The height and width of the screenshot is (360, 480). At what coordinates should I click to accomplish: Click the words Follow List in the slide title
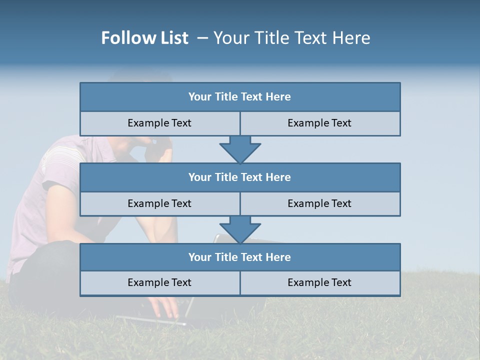(x=144, y=38)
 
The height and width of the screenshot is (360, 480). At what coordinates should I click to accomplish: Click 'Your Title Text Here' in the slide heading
(x=291, y=38)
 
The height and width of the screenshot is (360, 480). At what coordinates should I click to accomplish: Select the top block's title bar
(x=240, y=97)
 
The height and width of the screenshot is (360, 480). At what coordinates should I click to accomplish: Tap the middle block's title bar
(x=240, y=177)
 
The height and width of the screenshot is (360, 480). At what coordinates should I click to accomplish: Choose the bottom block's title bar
(x=240, y=257)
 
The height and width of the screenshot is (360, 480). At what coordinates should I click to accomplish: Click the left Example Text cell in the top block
(x=159, y=123)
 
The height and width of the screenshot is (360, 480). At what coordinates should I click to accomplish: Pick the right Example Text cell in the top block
(x=319, y=123)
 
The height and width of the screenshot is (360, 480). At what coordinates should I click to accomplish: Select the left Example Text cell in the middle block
(x=159, y=203)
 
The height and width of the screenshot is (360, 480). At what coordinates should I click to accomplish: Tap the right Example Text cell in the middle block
(x=319, y=203)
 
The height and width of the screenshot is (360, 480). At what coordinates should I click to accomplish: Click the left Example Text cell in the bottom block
(x=159, y=282)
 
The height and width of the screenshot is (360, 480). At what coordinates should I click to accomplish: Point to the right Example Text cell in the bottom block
(x=319, y=282)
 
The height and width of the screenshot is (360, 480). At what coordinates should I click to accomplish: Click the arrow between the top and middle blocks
(x=240, y=149)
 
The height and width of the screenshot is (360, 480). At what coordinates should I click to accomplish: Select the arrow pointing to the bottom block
(x=240, y=229)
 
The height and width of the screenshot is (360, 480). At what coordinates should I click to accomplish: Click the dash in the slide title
(x=202, y=38)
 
